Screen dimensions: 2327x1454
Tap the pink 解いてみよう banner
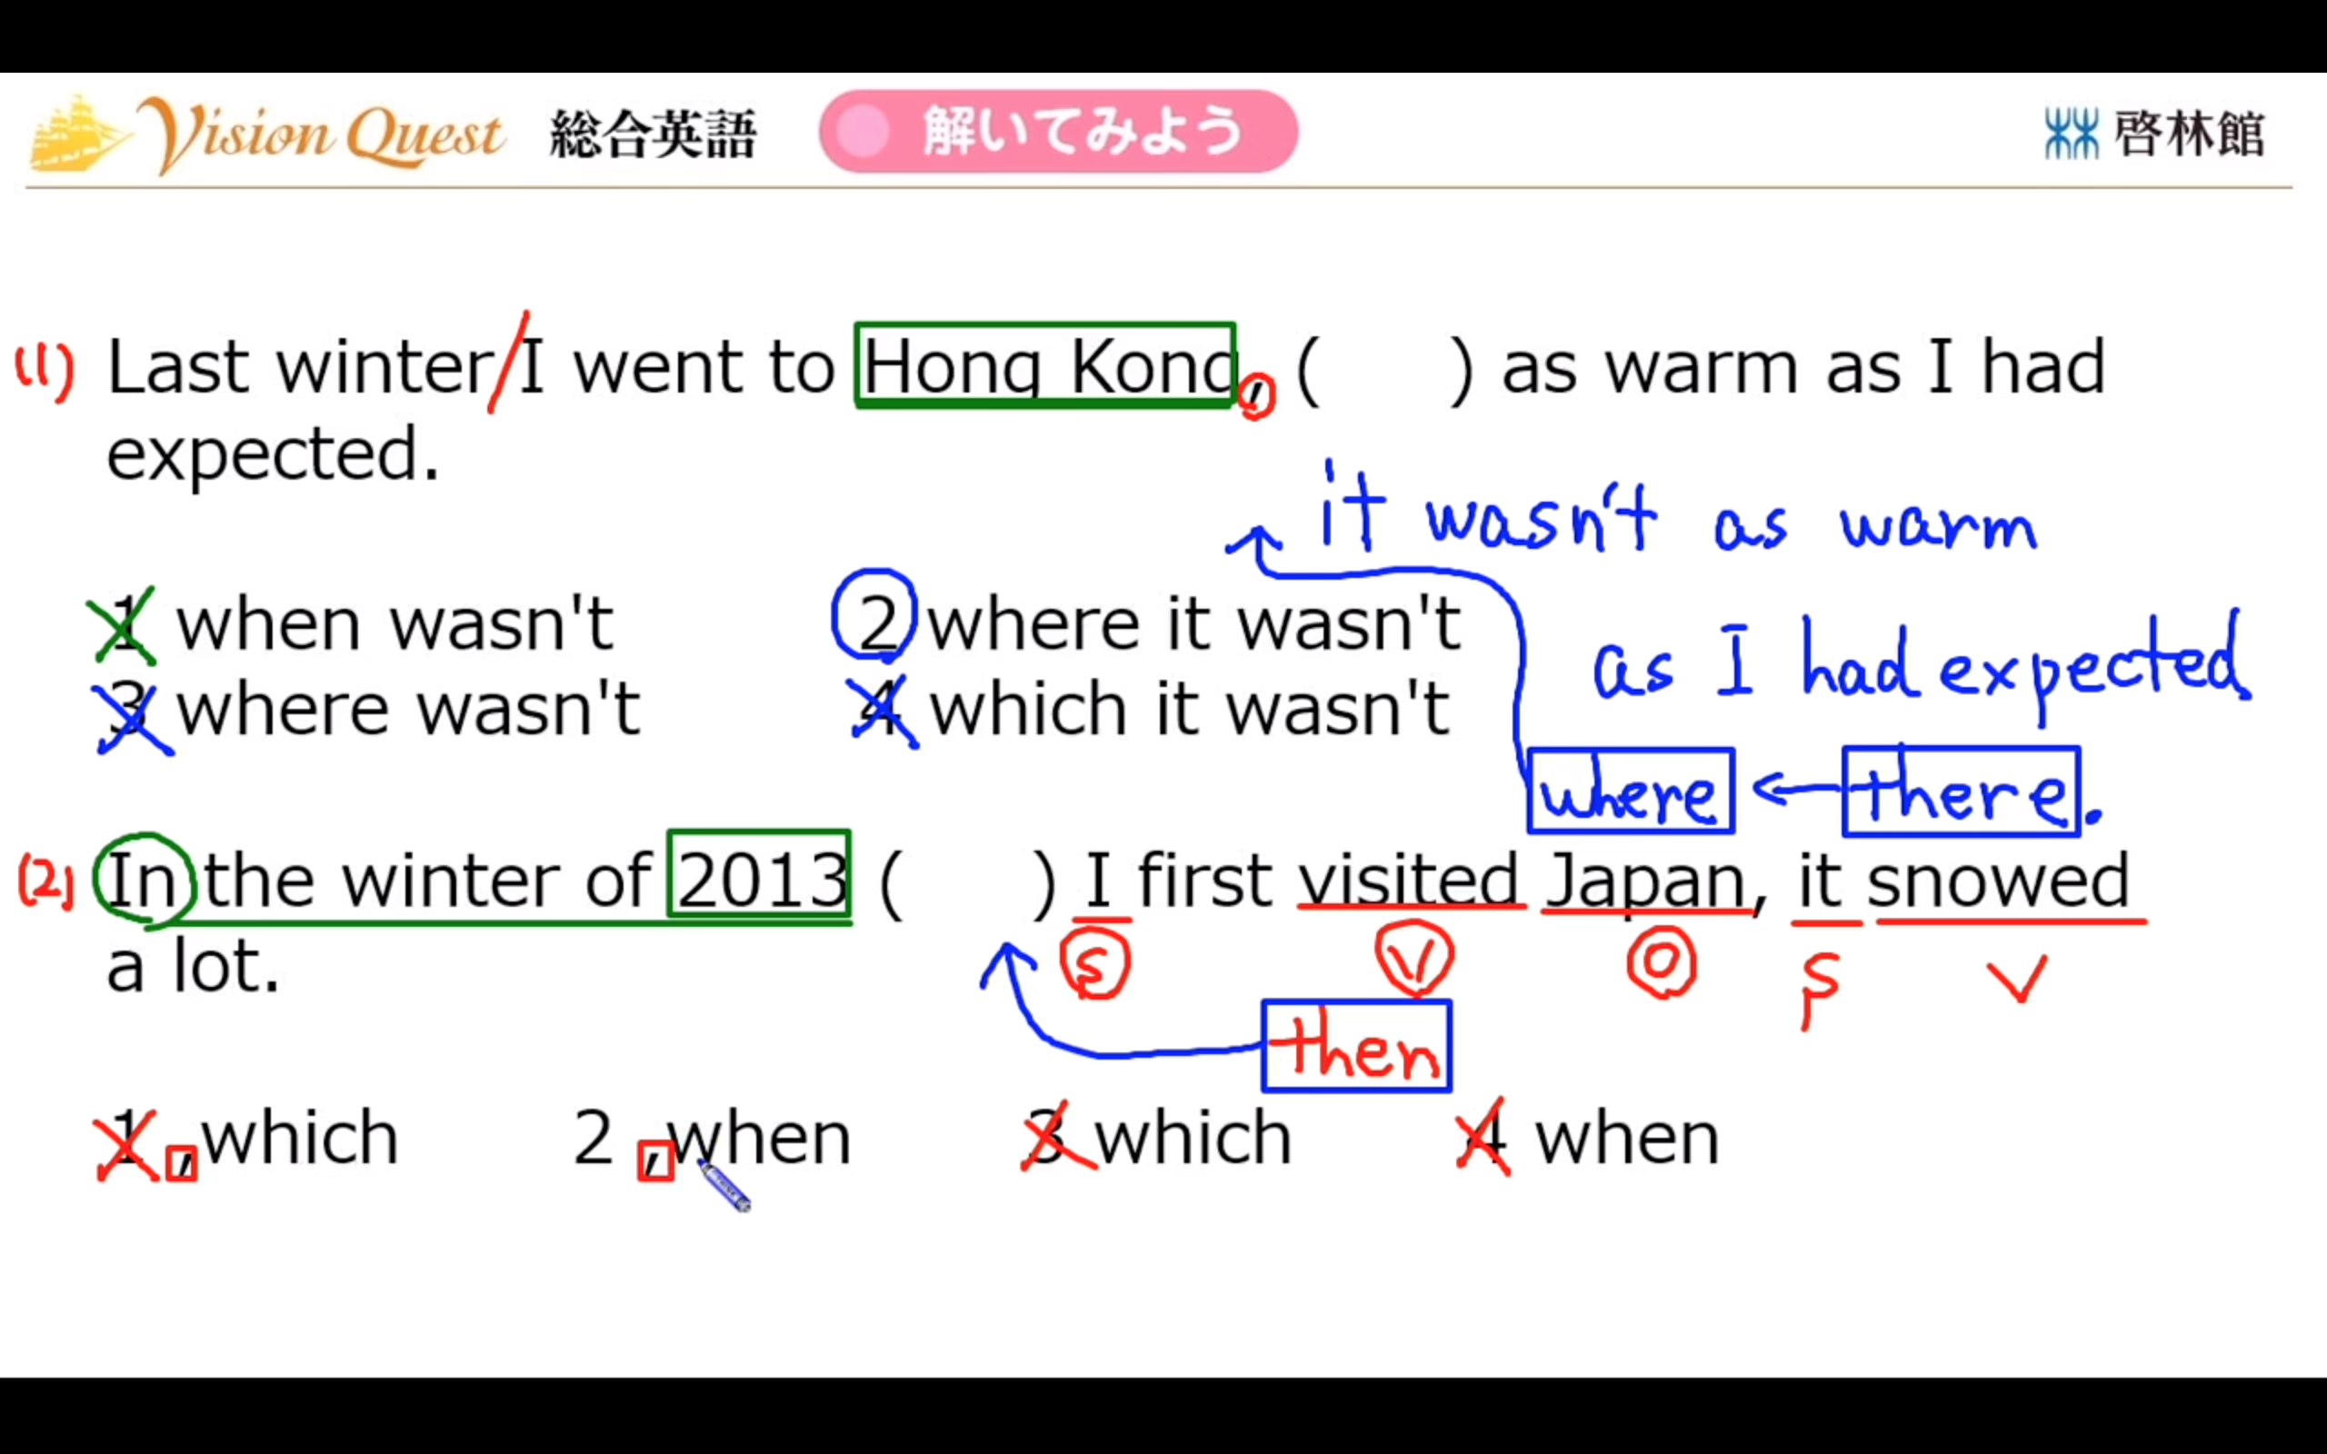coord(1059,131)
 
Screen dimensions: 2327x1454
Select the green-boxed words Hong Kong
coord(1045,365)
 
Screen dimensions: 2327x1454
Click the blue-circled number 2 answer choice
coord(874,615)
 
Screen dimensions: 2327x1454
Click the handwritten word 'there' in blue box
coord(1962,791)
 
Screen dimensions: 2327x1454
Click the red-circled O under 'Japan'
coord(1662,961)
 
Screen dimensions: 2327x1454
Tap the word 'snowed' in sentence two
coord(1998,880)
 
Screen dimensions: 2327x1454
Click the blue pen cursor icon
coord(724,1185)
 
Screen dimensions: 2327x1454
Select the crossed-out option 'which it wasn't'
coord(1190,709)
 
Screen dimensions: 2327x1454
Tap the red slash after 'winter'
coord(508,362)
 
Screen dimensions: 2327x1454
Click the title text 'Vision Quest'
coord(321,134)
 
